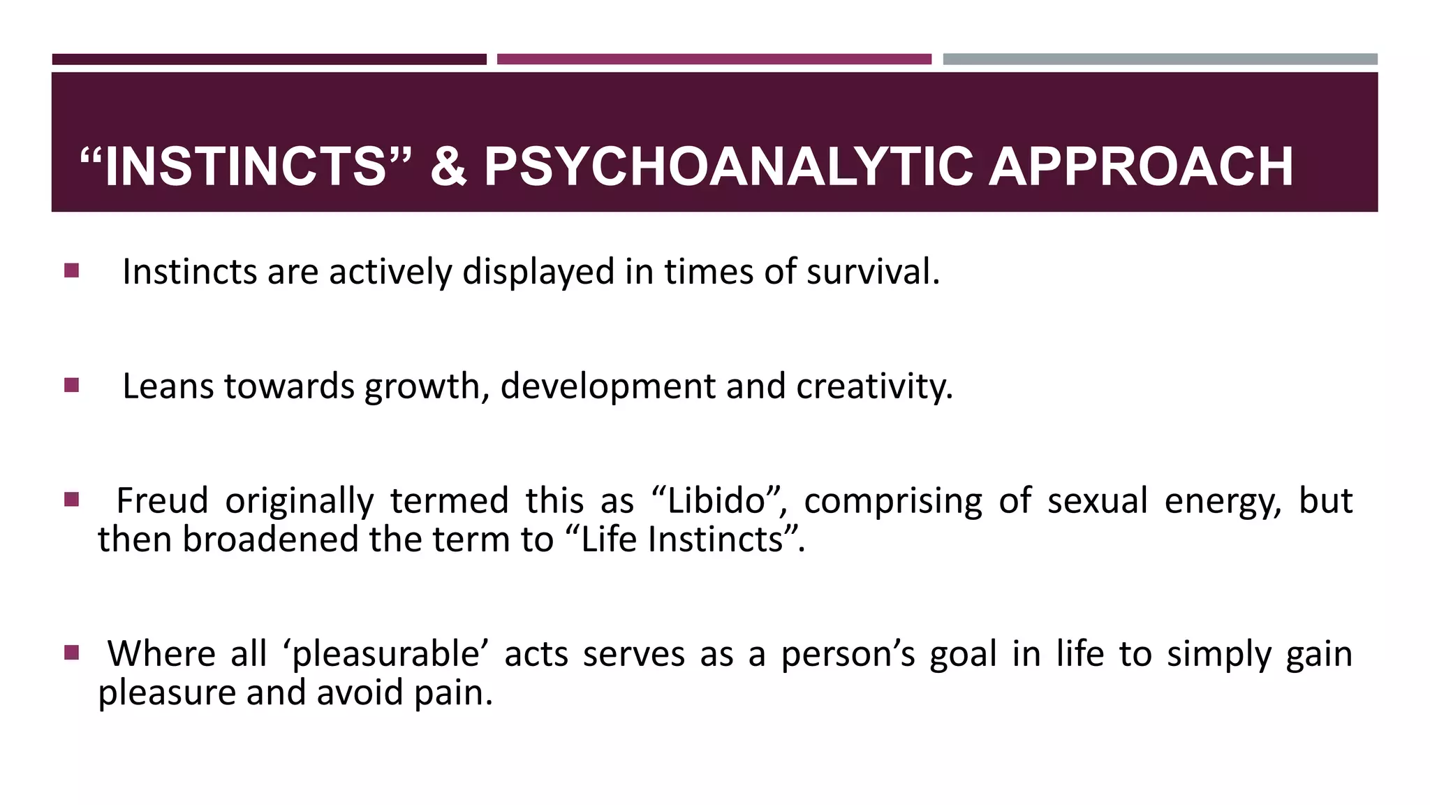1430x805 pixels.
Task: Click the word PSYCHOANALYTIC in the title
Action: pos(728,167)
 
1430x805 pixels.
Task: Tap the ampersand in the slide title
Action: pos(448,167)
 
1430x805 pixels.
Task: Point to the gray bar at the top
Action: pos(1160,59)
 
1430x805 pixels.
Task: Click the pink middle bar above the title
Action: pos(714,59)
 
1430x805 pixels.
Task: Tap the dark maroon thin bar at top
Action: pos(269,59)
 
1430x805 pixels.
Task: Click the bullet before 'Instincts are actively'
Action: pos(71,270)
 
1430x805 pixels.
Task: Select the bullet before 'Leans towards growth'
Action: pos(71,385)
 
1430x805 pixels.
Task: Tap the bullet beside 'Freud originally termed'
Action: pos(71,500)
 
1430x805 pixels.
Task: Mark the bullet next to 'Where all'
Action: pos(71,653)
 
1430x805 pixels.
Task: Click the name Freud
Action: pos(162,501)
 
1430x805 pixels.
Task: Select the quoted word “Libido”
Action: pos(719,501)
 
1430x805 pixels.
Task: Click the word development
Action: pos(607,386)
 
